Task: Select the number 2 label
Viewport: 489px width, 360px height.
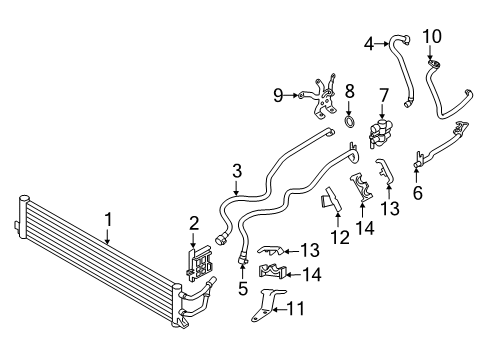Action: click(195, 224)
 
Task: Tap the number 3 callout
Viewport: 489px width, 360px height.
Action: click(235, 170)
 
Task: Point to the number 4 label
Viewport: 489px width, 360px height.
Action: click(368, 43)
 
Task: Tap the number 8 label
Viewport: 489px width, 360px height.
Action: click(350, 92)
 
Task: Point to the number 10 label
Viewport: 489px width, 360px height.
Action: click(433, 38)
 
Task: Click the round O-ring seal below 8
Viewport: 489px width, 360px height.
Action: click(350, 124)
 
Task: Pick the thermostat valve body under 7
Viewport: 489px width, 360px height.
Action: click(379, 134)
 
